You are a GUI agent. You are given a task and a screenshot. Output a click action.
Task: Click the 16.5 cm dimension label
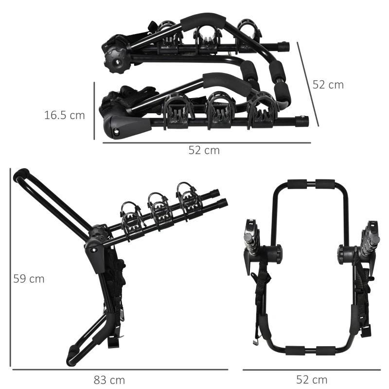click(64, 116)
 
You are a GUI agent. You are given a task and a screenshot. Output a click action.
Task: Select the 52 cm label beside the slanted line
click(328, 85)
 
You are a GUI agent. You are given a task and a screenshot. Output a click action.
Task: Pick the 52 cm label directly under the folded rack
click(204, 151)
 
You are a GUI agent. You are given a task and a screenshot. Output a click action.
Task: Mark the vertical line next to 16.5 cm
click(94, 110)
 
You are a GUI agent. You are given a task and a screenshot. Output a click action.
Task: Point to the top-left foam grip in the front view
click(297, 184)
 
